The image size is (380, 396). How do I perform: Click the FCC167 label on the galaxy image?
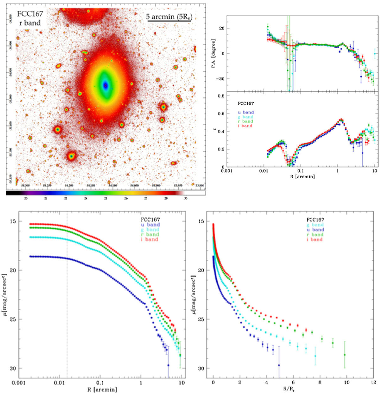(30, 14)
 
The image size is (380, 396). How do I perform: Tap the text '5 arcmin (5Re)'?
(169, 16)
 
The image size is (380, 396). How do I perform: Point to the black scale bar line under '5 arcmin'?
(169, 22)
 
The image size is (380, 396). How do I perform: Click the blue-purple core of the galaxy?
(106, 85)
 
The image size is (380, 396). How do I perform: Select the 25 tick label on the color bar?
(106, 198)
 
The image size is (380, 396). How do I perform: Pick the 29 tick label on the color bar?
(166, 198)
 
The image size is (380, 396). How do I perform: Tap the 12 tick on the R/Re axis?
(373, 382)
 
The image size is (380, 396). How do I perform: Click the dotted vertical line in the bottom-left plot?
(67, 317)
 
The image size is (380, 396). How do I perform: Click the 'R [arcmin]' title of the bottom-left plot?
(102, 389)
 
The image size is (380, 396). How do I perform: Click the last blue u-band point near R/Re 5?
(279, 365)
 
